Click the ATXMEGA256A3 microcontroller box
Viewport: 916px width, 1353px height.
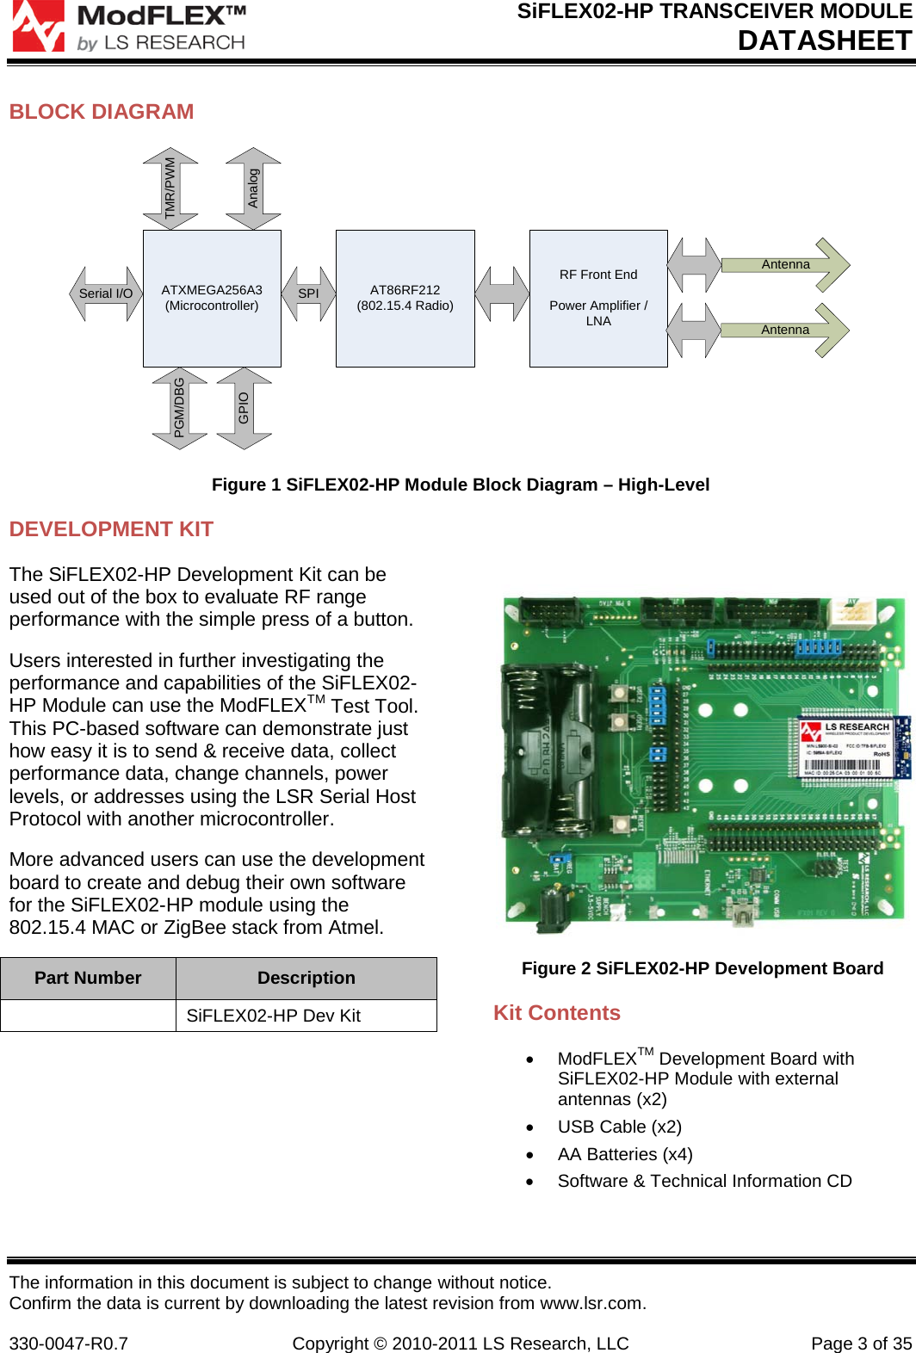[x=212, y=298]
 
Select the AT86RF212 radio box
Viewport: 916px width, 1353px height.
[x=405, y=298]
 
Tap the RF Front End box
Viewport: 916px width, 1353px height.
[x=598, y=298]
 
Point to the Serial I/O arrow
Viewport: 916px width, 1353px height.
[x=106, y=293]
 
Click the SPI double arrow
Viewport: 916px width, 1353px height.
[x=308, y=293]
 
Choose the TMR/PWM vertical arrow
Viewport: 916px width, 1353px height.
[x=170, y=188]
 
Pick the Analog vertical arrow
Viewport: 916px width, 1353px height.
[x=253, y=188]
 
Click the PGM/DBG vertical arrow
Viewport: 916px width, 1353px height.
[x=179, y=408]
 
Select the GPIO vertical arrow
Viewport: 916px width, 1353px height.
[x=244, y=408]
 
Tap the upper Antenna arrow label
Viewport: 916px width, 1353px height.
[x=785, y=264]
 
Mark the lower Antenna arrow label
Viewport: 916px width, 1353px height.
[x=785, y=330]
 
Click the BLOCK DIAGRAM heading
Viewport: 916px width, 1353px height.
[x=102, y=112]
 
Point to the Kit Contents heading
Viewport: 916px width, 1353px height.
[x=557, y=1013]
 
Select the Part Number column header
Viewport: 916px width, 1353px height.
[x=88, y=978]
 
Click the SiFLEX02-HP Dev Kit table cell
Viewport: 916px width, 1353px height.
[x=274, y=1016]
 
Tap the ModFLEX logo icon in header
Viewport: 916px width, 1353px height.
[x=38, y=26]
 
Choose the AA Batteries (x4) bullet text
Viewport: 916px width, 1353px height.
[x=625, y=1154]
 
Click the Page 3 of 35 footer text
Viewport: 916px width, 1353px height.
[x=861, y=1344]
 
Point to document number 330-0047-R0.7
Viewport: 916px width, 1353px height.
[x=69, y=1344]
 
